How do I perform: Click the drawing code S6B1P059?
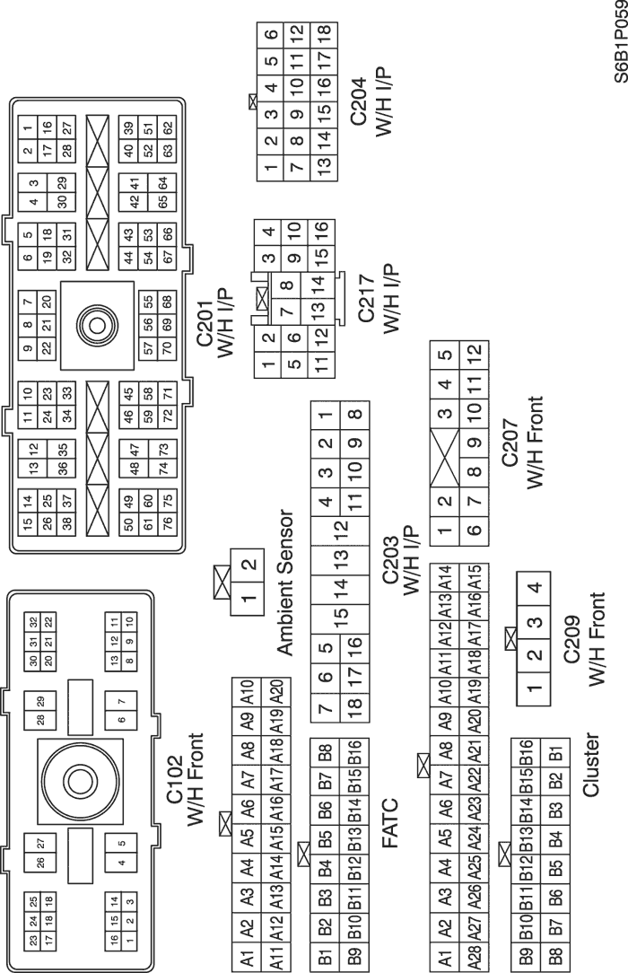(x=618, y=41)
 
